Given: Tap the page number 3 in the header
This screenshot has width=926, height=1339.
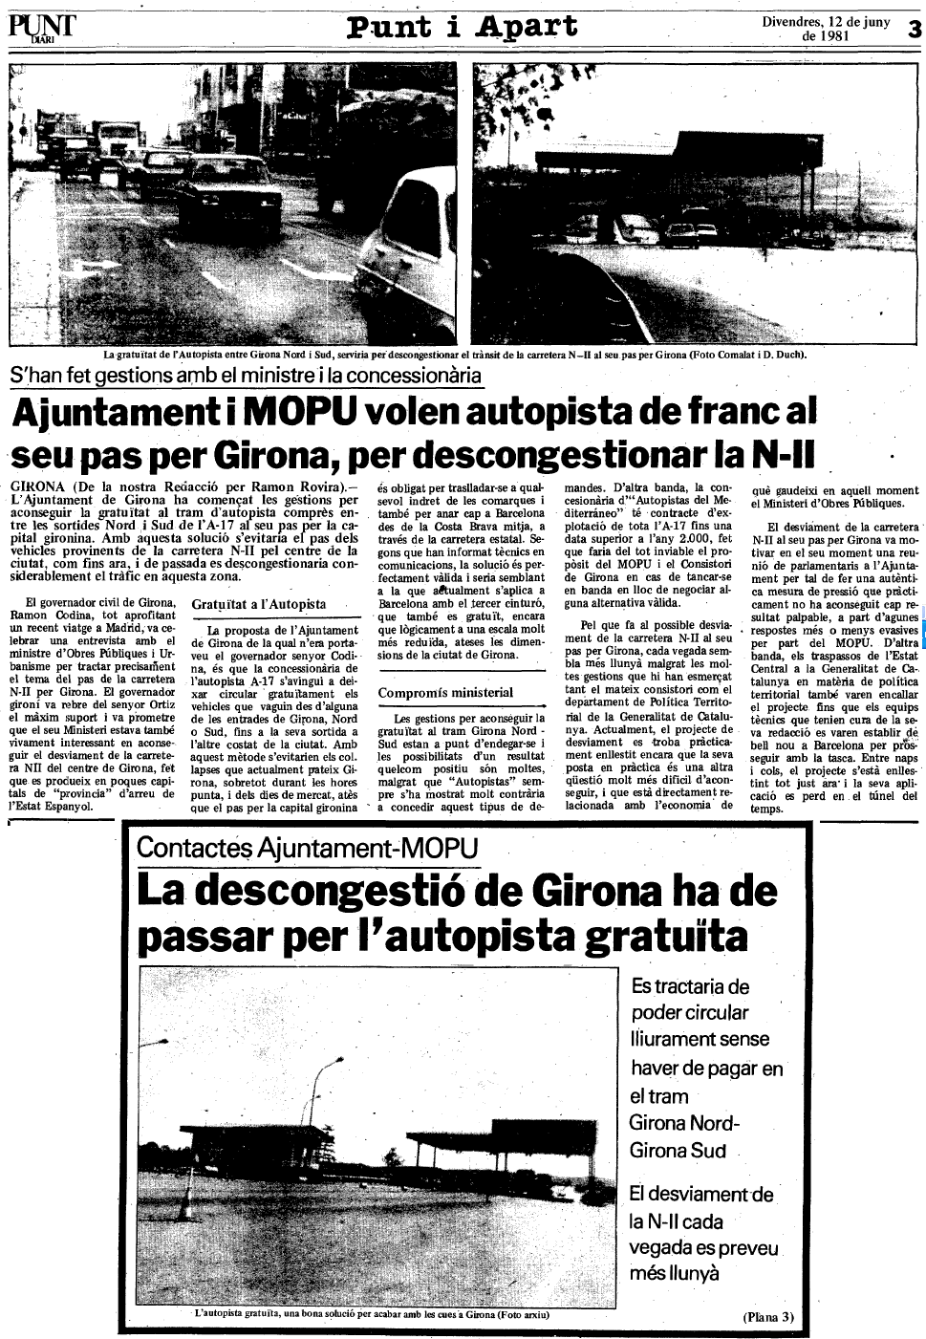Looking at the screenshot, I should [x=913, y=29].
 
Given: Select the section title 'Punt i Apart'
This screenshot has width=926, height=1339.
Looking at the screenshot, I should [x=462, y=26].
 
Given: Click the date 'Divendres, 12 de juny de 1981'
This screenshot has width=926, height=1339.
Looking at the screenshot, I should [x=826, y=29].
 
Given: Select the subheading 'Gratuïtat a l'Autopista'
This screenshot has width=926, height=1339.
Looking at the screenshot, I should [x=258, y=604].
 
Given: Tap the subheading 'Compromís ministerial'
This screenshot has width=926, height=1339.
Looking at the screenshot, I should [x=445, y=692].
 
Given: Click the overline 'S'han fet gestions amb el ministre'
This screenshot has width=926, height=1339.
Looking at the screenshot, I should [x=246, y=376].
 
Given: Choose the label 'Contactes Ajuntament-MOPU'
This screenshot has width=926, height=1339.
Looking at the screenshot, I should [x=307, y=847].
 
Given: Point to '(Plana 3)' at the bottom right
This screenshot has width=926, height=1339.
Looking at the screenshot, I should [x=768, y=1316].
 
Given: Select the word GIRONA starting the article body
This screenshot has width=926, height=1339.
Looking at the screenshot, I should [x=37, y=486].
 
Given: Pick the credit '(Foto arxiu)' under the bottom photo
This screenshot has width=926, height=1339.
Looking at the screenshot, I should [x=523, y=1314].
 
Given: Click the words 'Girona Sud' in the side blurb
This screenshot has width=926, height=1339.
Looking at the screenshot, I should [x=678, y=1150].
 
